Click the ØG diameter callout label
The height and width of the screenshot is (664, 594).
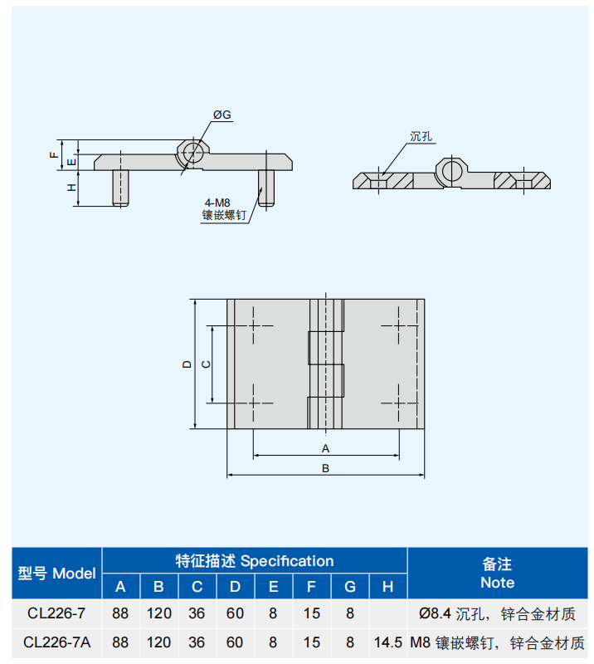click(x=222, y=115)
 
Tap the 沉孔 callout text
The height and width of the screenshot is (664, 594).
click(x=421, y=136)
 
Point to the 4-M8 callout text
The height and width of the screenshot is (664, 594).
click(x=217, y=203)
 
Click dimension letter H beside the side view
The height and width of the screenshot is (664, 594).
click(x=71, y=188)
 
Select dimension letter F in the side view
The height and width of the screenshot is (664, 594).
click(x=53, y=155)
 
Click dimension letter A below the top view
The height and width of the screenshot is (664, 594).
click(x=325, y=448)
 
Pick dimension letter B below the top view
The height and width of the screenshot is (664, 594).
click(x=325, y=468)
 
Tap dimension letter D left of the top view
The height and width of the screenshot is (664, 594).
click(x=187, y=364)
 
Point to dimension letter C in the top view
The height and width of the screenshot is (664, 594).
click(x=206, y=364)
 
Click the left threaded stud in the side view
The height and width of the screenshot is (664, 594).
click(x=120, y=188)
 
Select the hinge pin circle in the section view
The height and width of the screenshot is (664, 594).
click(x=451, y=171)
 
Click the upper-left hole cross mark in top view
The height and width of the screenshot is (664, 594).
click(x=253, y=325)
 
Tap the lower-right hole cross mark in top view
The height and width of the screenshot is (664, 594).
click(x=398, y=403)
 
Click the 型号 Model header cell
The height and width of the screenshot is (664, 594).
click(x=56, y=574)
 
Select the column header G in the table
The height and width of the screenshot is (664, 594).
click(x=350, y=587)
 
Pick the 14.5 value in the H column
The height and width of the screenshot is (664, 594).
click(x=387, y=642)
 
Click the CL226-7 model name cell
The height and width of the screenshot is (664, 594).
click(x=56, y=613)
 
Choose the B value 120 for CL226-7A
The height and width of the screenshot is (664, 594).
click(x=158, y=642)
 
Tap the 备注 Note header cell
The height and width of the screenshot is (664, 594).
click(x=498, y=574)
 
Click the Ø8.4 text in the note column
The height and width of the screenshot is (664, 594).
click(x=435, y=613)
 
